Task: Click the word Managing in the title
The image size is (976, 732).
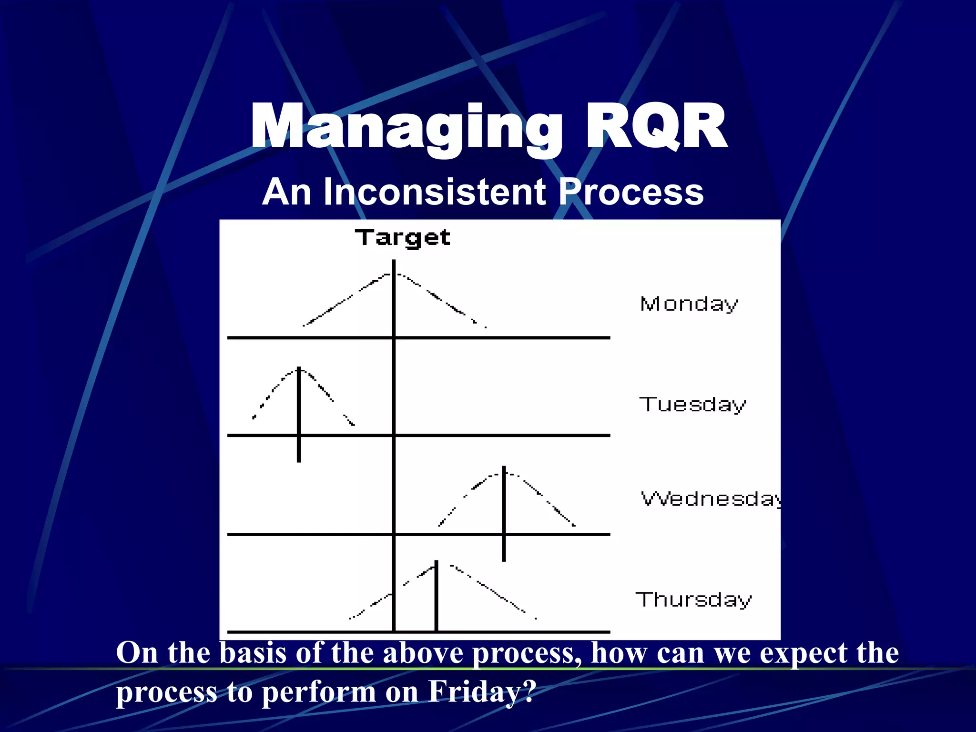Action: tap(405, 128)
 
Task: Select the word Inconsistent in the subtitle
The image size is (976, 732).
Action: tap(434, 192)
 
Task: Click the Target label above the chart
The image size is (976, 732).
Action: tap(402, 237)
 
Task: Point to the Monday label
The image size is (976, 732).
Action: tap(689, 304)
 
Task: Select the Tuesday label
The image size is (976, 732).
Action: tap(692, 405)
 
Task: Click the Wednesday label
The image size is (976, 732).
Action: tap(710, 499)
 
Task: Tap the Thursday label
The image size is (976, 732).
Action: tap(693, 600)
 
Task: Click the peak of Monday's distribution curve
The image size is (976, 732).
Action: tap(394, 274)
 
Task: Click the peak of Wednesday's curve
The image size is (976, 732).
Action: tap(504, 472)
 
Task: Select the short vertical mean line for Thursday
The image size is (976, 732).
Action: tap(436, 596)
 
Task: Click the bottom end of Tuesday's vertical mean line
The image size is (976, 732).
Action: tap(299, 460)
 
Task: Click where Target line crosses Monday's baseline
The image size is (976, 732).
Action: tap(394, 337)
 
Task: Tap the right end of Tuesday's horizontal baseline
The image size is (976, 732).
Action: tap(609, 435)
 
